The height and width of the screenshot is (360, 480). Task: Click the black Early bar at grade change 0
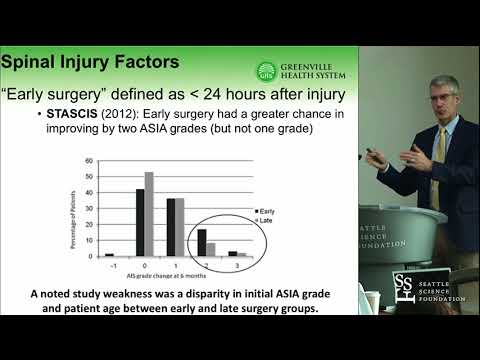click(141, 223)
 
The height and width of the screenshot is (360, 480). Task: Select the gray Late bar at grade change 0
click(149, 215)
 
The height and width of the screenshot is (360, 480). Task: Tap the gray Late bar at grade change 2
click(210, 250)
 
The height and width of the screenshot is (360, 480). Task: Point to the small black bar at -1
click(110, 255)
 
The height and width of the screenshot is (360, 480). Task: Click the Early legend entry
click(265, 212)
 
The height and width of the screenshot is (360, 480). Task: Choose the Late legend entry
click(264, 220)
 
